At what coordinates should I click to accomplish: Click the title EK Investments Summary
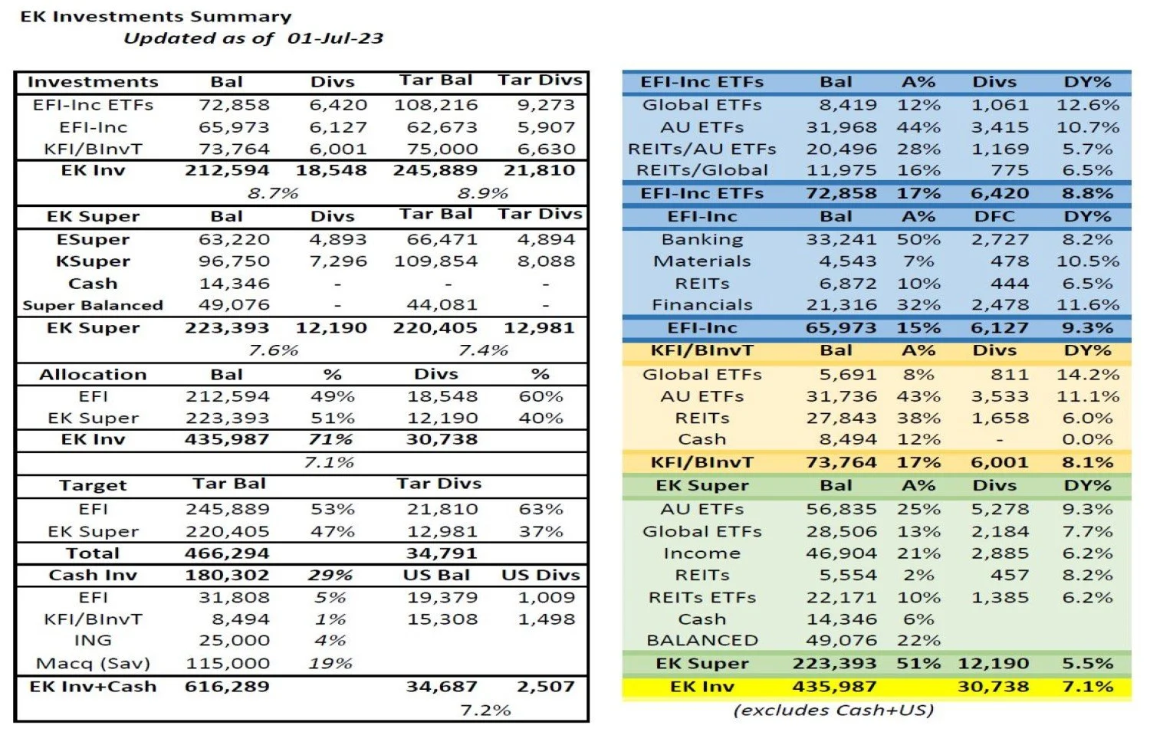click(156, 16)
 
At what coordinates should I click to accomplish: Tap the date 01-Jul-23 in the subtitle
click(335, 38)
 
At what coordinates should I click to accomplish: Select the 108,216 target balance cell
click(435, 105)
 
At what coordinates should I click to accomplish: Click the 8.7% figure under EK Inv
click(273, 193)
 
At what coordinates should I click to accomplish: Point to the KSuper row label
click(93, 261)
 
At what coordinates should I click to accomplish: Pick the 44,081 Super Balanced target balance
click(442, 305)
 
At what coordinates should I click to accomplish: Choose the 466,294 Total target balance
click(227, 553)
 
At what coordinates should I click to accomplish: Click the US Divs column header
click(540, 576)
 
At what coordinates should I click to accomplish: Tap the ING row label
click(93, 641)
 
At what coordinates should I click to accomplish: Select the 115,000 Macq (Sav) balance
click(227, 664)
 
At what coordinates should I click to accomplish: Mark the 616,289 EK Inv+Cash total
click(227, 687)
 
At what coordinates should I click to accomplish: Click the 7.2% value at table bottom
click(485, 711)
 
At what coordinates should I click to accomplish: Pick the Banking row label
click(701, 240)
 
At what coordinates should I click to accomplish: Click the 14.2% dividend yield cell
click(1087, 375)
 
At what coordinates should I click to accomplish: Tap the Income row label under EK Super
click(701, 553)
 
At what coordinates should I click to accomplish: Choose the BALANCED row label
click(701, 641)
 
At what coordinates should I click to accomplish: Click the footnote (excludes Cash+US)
click(833, 711)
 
